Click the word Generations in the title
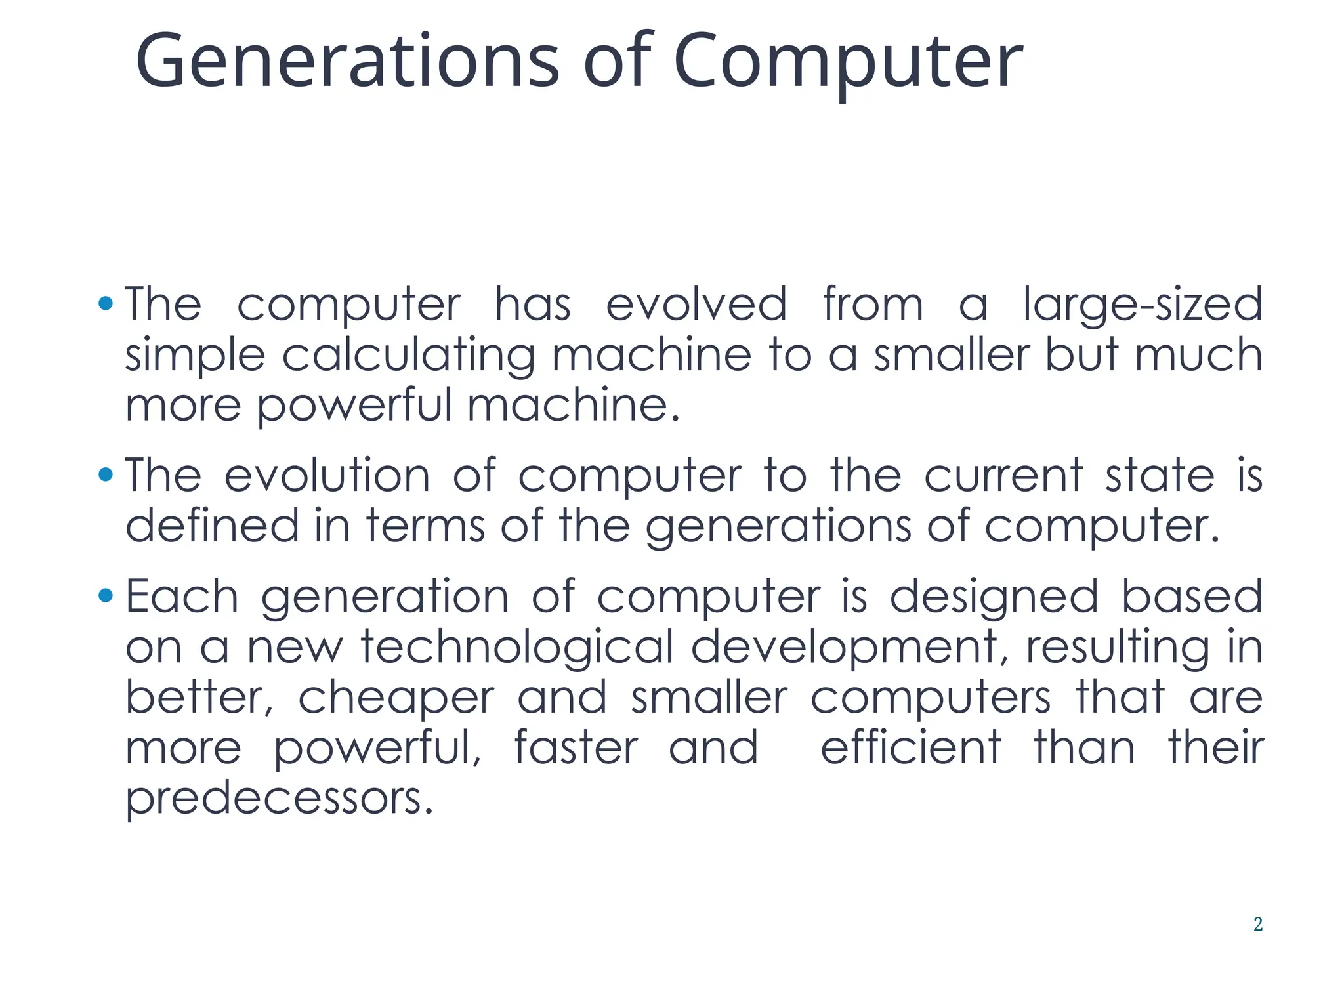346,62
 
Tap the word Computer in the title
847,62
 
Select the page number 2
1257,924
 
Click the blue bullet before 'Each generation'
105,596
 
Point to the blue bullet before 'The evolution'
105,474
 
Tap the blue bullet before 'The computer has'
105,303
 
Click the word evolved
696,304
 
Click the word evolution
327,475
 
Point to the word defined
212,526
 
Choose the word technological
517,648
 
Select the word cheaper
396,698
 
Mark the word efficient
910,747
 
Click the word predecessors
279,799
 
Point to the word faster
576,747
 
